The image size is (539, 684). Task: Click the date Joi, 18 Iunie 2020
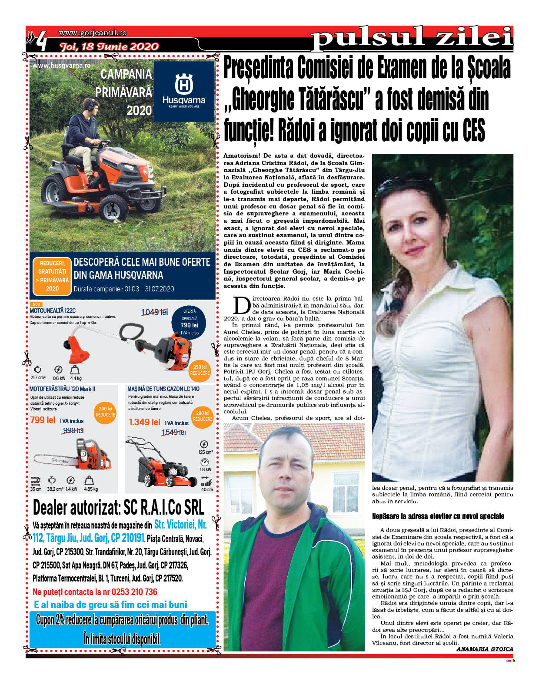(109, 46)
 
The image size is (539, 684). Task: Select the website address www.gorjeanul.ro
(93, 33)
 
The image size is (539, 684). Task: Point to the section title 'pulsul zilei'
(412, 38)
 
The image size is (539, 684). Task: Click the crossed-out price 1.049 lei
(154, 312)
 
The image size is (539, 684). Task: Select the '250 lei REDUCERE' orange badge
(200, 370)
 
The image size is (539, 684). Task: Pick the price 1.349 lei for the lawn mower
(145, 422)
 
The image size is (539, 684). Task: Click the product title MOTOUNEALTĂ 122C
(53, 311)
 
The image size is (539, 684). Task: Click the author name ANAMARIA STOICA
(485, 649)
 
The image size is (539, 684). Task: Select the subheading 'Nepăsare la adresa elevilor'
(438, 516)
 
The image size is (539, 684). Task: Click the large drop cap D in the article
(242, 305)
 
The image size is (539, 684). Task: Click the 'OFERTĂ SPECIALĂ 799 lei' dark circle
(189, 322)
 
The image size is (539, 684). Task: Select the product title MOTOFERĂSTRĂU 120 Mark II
(62, 389)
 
